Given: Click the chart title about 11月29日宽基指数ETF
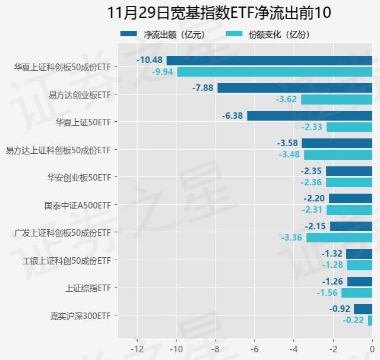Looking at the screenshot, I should pos(219,12).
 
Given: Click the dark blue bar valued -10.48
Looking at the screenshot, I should pos(269,60).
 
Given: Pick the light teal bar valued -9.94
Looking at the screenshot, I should pos(274,72).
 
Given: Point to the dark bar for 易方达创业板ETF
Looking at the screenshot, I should pos(294,88).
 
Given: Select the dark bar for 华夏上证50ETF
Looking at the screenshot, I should pos(309,116).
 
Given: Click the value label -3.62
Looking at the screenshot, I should pos(286,99).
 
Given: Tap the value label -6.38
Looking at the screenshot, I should pos(232,116).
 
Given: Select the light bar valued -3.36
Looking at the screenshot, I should pos(339,238).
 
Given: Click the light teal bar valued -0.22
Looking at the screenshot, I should pos(370,321).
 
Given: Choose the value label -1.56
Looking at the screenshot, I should pos(327,293).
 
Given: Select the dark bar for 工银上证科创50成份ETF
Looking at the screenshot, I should pos(359,254).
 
